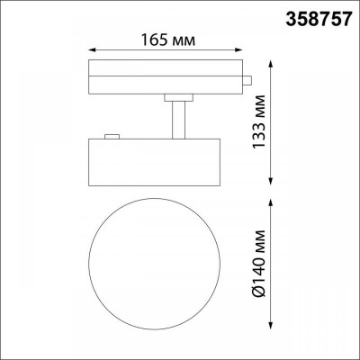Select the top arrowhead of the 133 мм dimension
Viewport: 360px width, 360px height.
274,62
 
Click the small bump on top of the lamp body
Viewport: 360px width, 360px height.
112,136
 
